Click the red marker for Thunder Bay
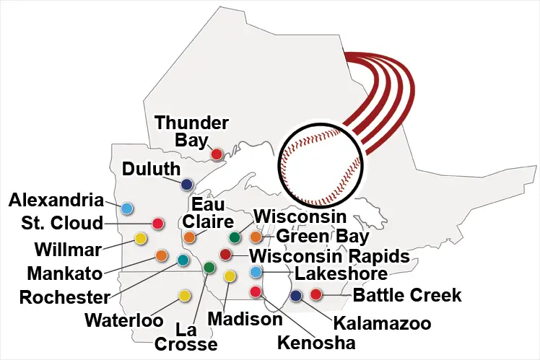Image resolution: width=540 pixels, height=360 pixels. (x=217, y=154)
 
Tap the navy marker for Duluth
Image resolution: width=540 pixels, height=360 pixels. (x=187, y=183)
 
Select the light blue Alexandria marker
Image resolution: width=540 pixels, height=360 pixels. (x=127, y=208)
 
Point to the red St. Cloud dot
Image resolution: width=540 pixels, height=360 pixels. (x=158, y=224)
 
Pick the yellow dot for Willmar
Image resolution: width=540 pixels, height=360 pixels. (x=141, y=238)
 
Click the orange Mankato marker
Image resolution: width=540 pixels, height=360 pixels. (x=162, y=255)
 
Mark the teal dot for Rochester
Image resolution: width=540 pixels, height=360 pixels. (x=183, y=260)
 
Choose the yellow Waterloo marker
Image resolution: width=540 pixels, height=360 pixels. (x=185, y=295)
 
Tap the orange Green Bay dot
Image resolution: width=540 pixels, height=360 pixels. (x=256, y=237)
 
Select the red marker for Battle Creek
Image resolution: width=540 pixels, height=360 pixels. (x=315, y=294)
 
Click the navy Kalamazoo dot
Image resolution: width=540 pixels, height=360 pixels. (x=295, y=295)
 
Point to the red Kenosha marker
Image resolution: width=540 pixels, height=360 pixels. (x=255, y=291)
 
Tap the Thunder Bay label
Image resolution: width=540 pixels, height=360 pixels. (x=192, y=131)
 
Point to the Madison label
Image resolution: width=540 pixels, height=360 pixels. (x=244, y=318)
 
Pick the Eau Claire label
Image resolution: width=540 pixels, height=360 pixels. (x=207, y=213)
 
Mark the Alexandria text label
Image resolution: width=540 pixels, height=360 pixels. (x=53, y=199)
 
